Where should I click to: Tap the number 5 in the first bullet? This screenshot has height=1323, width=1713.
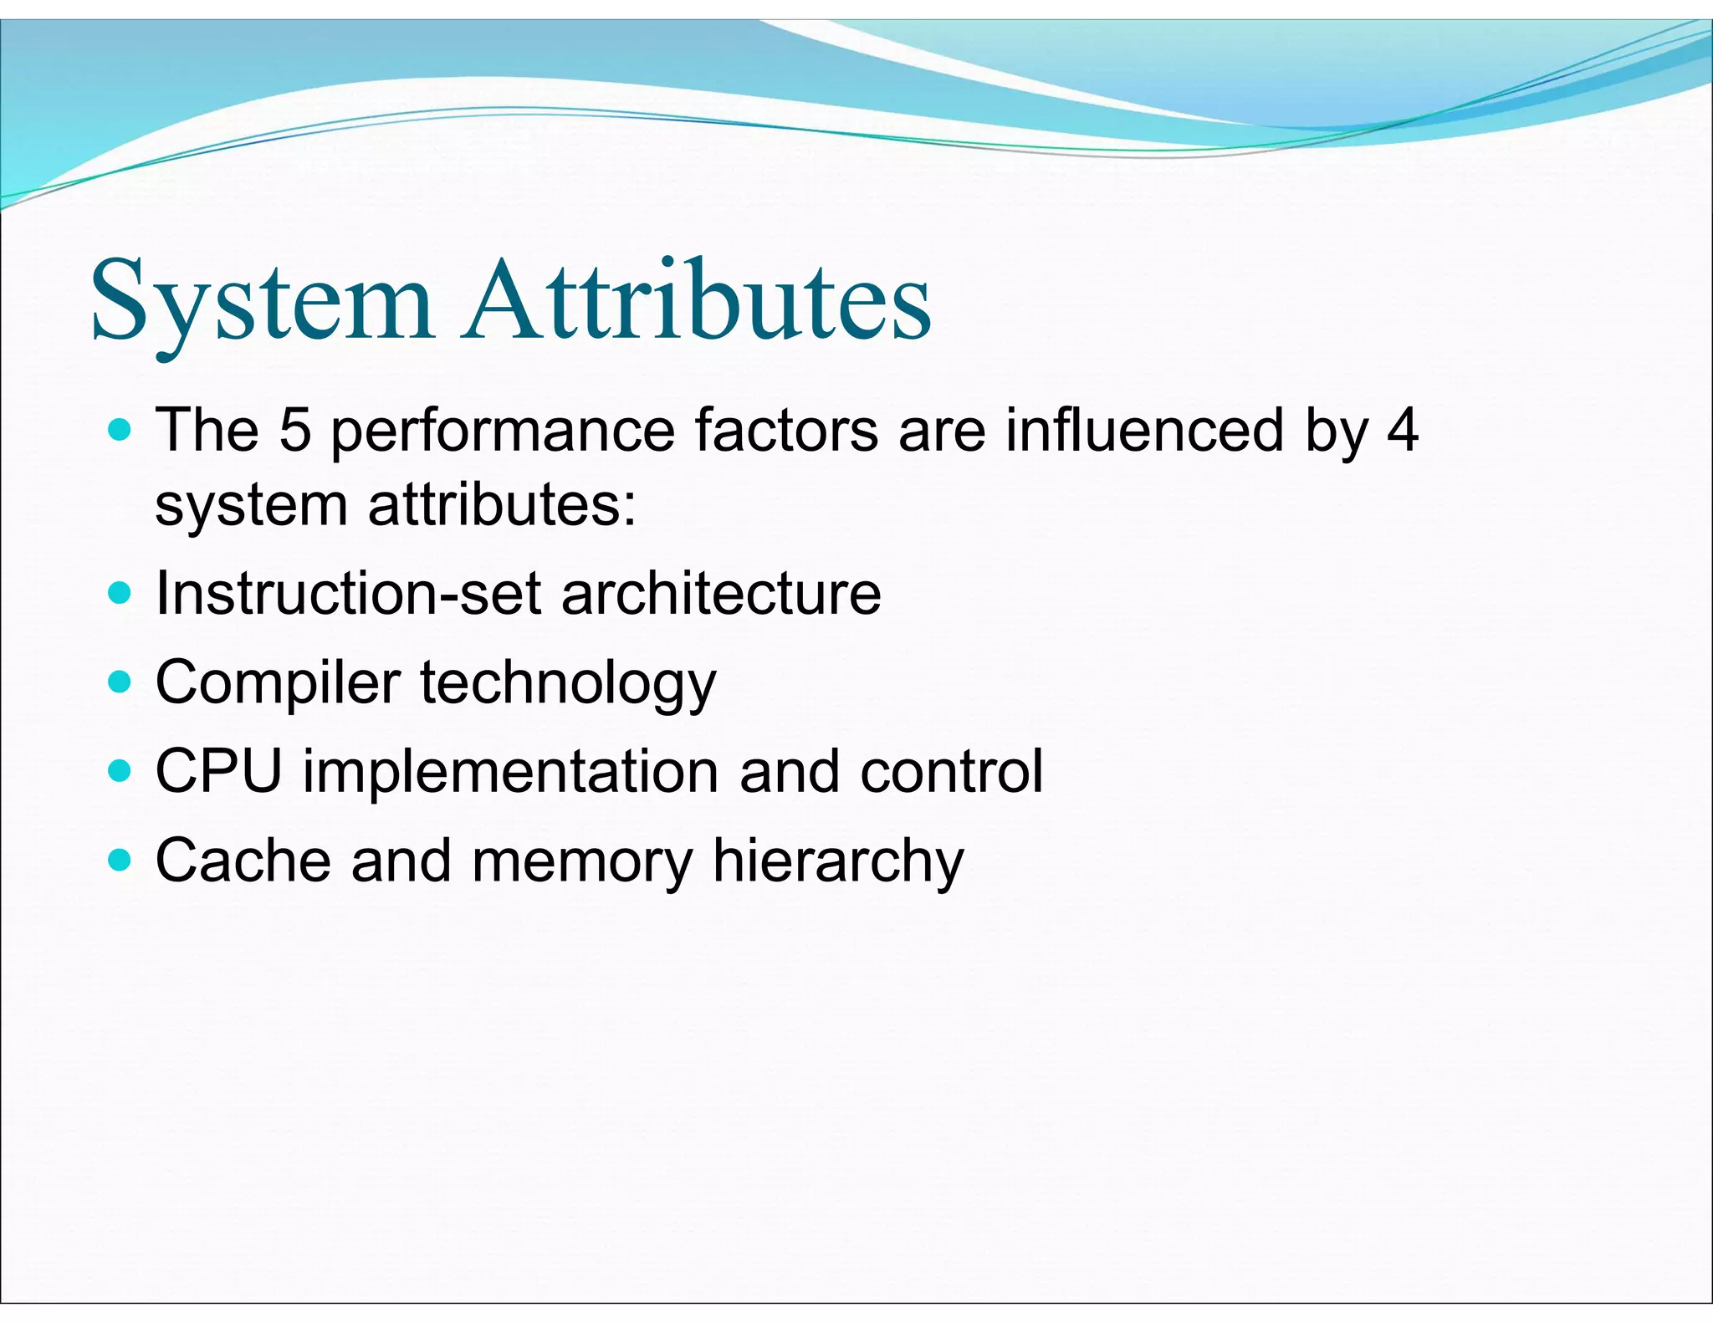pos(294,430)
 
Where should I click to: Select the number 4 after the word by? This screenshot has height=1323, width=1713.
pos(1402,430)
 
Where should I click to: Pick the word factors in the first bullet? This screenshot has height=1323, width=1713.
pos(785,430)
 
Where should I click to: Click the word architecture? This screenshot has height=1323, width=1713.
pos(721,594)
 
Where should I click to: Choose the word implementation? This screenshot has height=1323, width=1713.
pos(510,772)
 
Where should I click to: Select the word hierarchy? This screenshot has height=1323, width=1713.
pos(838,861)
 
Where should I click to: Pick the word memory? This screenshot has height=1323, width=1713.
pos(582,861)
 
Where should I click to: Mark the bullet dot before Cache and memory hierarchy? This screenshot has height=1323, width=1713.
pos(120,860)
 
